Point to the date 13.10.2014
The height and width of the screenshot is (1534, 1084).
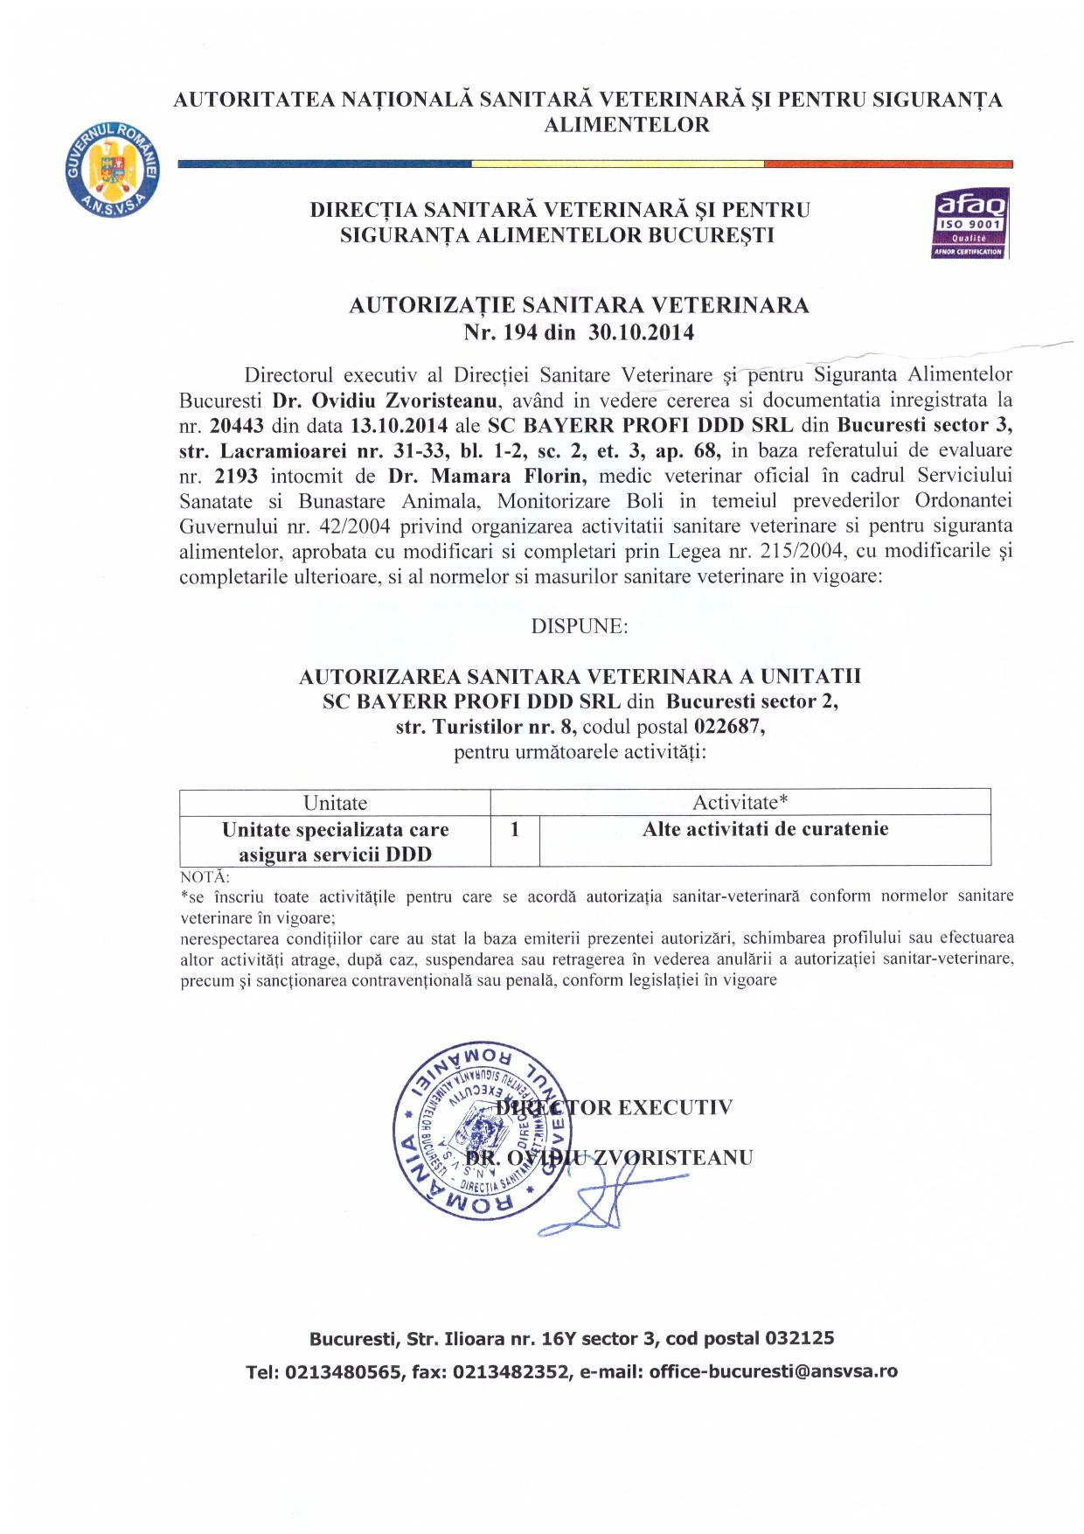[x=399, y=426]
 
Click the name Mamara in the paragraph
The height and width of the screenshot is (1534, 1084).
[x=481, y=477]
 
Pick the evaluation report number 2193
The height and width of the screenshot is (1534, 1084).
[x=235, y=477]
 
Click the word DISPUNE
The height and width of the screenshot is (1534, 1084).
[x=579, y=626]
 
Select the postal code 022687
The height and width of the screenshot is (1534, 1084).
[x=729, y=726]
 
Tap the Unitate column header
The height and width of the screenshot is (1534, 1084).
[x=335, y=803]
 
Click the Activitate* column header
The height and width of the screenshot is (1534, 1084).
[x=740, y=803]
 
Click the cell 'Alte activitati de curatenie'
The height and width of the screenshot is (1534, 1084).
[x=765, y=829]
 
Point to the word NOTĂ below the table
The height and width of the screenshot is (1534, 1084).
[x=205, y=876]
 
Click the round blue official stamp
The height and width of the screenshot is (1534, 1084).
[x=481, y=1130]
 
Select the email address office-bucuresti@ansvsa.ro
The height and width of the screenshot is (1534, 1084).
[x=773, y=1371]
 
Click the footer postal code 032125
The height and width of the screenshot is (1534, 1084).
[x=799, y=1338]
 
